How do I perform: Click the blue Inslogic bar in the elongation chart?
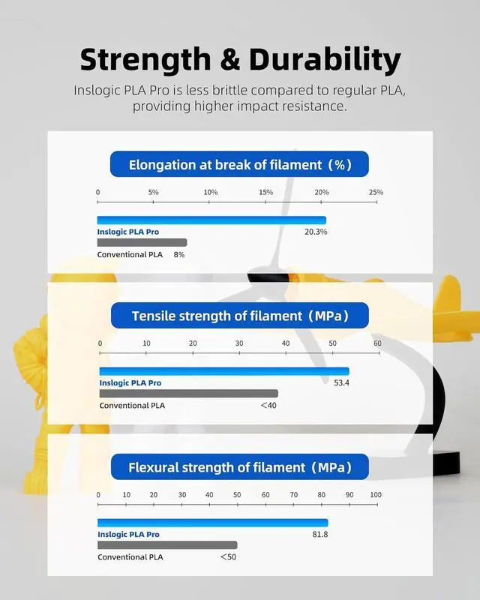[211, 220]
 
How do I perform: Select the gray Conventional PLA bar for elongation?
[142, 242]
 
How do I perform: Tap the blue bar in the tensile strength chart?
[223, 371]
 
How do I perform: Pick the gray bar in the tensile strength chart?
[188, 394]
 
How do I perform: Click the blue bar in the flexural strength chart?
[212, 523]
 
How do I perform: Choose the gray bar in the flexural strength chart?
[167, 545]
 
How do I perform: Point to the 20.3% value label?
[316, 232]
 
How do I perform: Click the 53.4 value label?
[341, 383]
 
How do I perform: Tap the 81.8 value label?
[320, 535]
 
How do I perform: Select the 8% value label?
[179, 255]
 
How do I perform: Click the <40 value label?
[268, 406]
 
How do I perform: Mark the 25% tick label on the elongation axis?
[376, 192]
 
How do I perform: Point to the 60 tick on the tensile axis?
[377, 343]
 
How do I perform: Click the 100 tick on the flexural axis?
[375, 495]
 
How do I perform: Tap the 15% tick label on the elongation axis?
[265, 192]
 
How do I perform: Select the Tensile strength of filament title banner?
[240, 316]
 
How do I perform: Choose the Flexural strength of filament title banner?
[240, 467]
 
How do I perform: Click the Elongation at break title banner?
[240, 164]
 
